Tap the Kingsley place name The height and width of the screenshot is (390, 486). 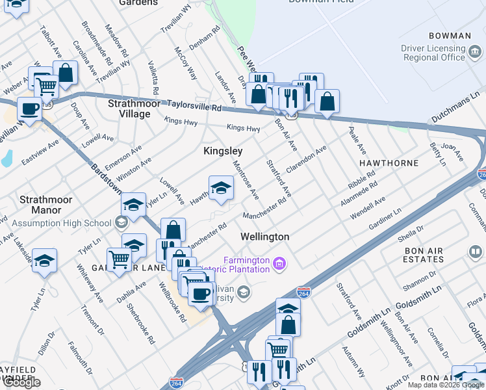(x=223, y=150)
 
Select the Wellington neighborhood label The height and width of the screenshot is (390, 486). (x=264, y=237)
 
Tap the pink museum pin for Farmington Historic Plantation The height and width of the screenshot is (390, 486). (x=279, y=264)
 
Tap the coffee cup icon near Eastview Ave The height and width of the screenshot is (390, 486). (x=30, y=109)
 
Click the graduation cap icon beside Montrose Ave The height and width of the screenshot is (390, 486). (x=221, y=188)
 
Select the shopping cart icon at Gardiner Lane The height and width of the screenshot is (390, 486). (x=119, y=259)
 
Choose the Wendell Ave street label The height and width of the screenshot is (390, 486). (x=368, y=207)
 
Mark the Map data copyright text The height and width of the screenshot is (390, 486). (x=446, y=385)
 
